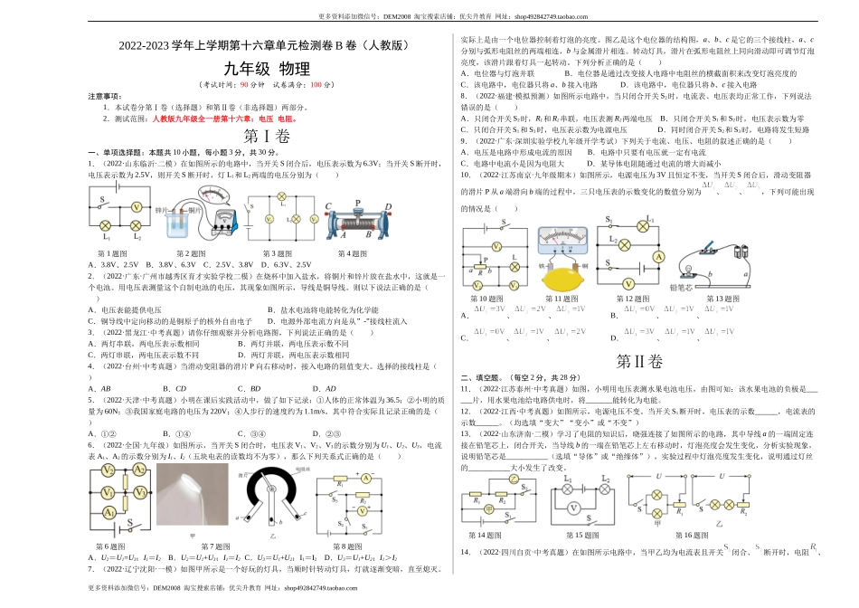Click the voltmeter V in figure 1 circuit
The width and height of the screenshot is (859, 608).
click(137, 207)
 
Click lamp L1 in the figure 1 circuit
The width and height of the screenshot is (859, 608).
click(105, 225)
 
